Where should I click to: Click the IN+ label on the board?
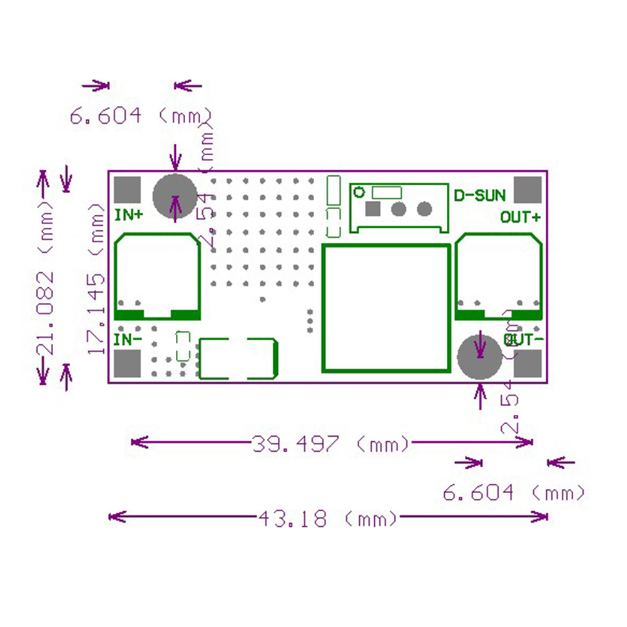[x=128, y=215]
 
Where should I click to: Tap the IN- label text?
[x=128, y=340]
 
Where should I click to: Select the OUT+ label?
[x=521, y=217]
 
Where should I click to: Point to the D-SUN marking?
[x=479, y=195]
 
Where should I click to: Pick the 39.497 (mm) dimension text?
[x=331, y=444]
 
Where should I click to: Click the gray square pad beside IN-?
[x=128, y=364]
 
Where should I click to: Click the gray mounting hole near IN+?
[x=176, y=196]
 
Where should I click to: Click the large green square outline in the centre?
[x=386, y=308]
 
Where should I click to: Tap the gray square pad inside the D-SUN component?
[x=374, y=208]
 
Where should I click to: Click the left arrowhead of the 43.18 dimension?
[x=113, y=517]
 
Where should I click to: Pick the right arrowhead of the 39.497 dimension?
[x=529, y=443]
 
